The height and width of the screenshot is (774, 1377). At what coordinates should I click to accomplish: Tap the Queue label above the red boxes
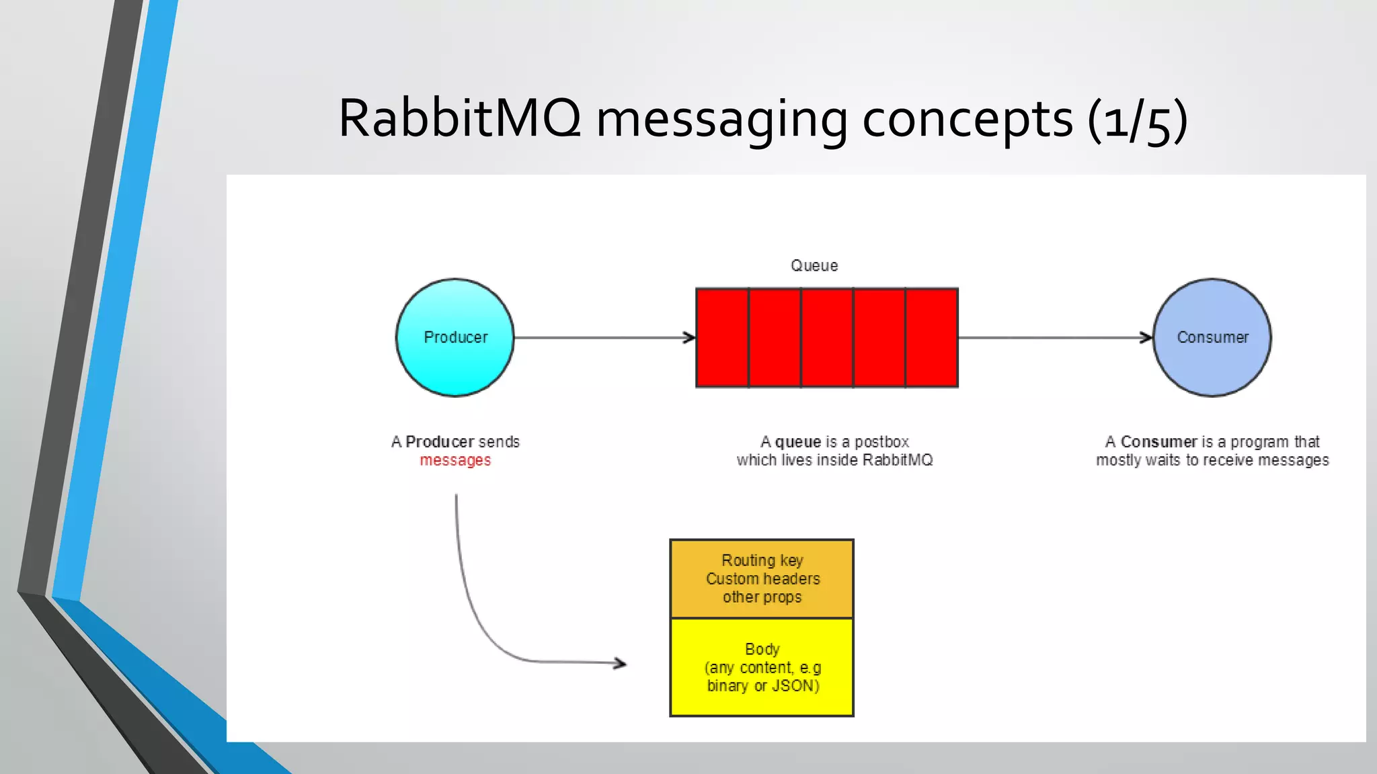[x=814, y=265]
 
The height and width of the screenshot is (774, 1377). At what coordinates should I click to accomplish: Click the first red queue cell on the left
[x=722, y=338]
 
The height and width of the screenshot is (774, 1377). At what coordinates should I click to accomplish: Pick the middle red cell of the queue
[x=827, y=338]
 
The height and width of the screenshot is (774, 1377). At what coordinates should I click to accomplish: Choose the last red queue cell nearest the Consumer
[x=932, y=338]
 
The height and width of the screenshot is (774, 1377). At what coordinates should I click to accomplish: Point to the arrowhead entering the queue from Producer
[x=690, y=337]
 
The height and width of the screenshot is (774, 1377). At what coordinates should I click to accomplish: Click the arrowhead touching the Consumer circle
[x=1147, y=337]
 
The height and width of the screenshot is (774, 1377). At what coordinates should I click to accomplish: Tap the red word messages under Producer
[x=455, y=460]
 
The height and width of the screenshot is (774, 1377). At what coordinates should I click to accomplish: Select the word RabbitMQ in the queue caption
[x=897, y=460]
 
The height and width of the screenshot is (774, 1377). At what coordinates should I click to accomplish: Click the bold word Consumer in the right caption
[x=1158, y=442]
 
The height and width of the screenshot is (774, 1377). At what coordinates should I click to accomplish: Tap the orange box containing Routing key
[x=762, y=578]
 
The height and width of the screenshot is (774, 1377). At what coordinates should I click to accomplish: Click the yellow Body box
[x=762, y=667]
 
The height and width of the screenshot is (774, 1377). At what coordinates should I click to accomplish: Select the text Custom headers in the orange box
[x=762, y=578]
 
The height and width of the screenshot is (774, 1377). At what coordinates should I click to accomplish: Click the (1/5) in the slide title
[x=1137, y=120]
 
